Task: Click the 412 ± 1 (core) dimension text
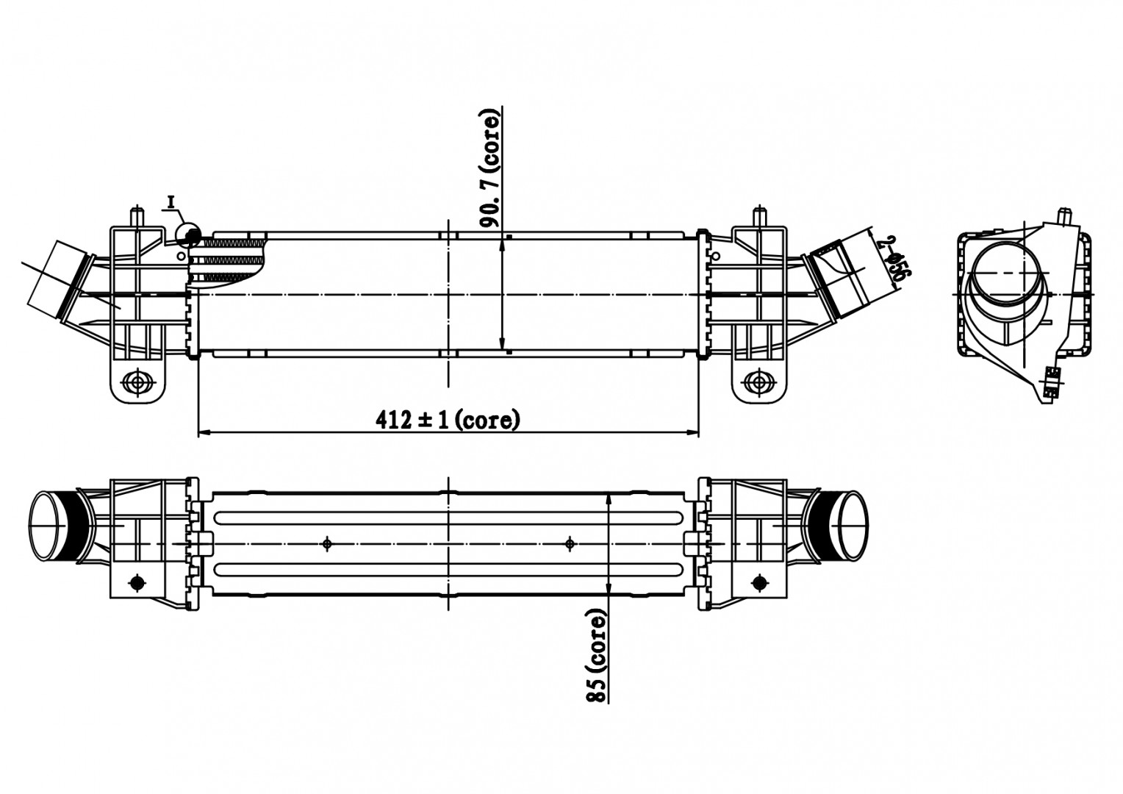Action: tap(448, 420)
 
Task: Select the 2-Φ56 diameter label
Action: tap(897, 258)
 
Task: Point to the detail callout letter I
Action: tap(171, 201)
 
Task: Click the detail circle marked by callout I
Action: tap(189, 235)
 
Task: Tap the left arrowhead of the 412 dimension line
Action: tap(204, 432)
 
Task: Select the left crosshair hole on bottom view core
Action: tap(328, 543)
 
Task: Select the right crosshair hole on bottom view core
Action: tap(570, 543)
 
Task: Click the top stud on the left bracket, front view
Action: tap(136, 218)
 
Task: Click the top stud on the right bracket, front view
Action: tap(761, 218)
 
